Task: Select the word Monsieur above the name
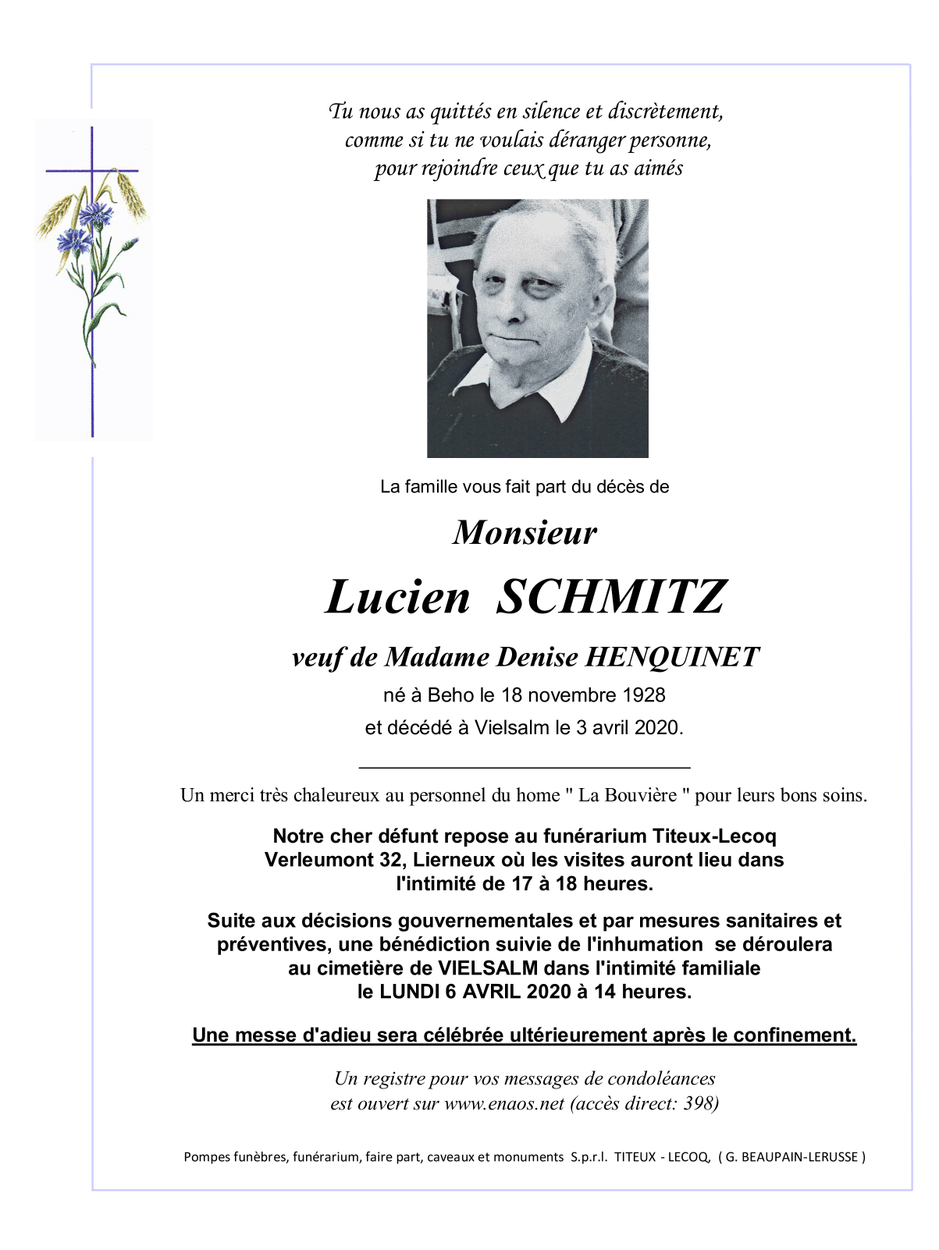point(525,533)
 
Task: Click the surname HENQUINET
point(671,657)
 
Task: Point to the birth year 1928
point(644,695)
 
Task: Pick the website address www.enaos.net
point(504,1103)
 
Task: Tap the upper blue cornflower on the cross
point(94,211)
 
